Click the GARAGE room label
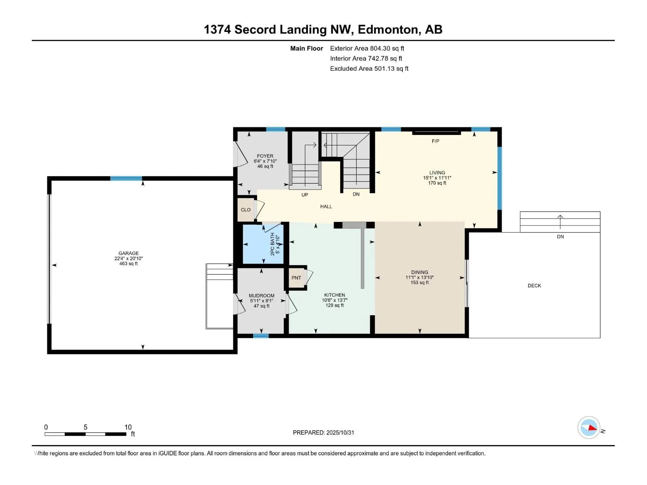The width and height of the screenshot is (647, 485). click(x=129, y=253)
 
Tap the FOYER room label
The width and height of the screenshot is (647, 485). click(x=265, y=156)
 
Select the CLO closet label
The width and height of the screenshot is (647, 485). click(x=245, y=210)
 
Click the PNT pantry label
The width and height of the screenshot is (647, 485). click(x=296, y=278)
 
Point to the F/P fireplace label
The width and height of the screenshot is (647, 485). click(x=436, y=141)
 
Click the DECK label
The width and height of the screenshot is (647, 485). click(x=534, y=286)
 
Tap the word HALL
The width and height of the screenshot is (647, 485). click(x=326, y=207)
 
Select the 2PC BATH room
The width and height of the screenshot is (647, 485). click(x=263, y=244)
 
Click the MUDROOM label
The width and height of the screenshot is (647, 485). click(x=262, y=296)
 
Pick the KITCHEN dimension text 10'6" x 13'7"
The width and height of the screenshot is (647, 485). click(x=335, y=300)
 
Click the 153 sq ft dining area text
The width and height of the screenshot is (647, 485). click(x=420, y=283)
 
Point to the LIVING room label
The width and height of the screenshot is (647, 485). click(x=437, y=173)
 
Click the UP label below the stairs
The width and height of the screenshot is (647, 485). click(x=304, y=195)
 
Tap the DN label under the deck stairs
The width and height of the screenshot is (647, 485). click(x=560, y=237)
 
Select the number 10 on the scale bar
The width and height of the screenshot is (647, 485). click(x=128, y=427)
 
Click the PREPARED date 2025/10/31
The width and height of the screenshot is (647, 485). click(x=340, y=432)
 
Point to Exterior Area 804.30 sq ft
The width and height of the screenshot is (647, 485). click(x=367, y=48)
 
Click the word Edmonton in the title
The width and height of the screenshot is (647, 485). click(x=388, y=30)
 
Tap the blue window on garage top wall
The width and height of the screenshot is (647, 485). click(x=126, y=178)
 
